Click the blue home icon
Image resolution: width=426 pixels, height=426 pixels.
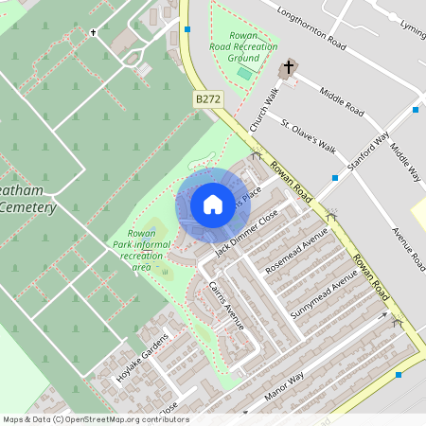(x=213, y=204)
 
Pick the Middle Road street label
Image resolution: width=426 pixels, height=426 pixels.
(x=342, y=100)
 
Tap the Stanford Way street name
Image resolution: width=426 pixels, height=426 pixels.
(x=368, y=150)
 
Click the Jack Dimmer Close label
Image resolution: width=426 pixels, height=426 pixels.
(x=246, y=235)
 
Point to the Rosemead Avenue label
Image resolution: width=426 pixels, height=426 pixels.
(x=296, y=251)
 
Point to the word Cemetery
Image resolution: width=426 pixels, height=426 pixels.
(x=28, y=207)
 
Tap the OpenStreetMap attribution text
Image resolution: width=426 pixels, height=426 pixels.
(x=95, y=419)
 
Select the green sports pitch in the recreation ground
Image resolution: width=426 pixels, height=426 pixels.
(x=244, y=73)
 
